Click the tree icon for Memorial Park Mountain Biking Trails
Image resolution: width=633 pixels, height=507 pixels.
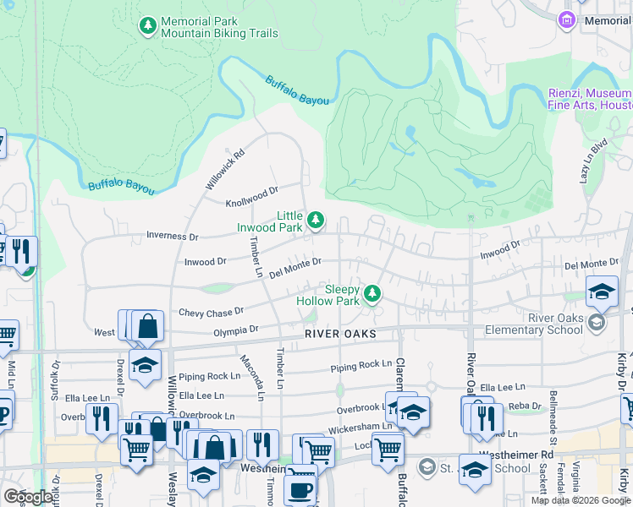point(149,26)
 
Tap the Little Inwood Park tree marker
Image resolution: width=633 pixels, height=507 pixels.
point(316,221)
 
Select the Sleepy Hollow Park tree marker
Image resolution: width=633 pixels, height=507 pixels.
point(371,293)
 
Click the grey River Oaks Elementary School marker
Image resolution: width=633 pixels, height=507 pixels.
point(597,322)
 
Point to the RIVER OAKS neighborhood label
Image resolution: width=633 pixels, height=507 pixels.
point(340,335)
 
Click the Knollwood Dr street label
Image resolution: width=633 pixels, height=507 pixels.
point(251,203)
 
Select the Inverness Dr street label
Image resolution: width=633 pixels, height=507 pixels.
point(172,237)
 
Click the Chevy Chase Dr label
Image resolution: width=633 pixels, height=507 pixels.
point(211,313)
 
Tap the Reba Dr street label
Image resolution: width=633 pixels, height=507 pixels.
point(525,406)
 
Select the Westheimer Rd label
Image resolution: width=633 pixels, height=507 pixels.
point(525,453)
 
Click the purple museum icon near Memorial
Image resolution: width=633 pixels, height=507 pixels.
point(567,19)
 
